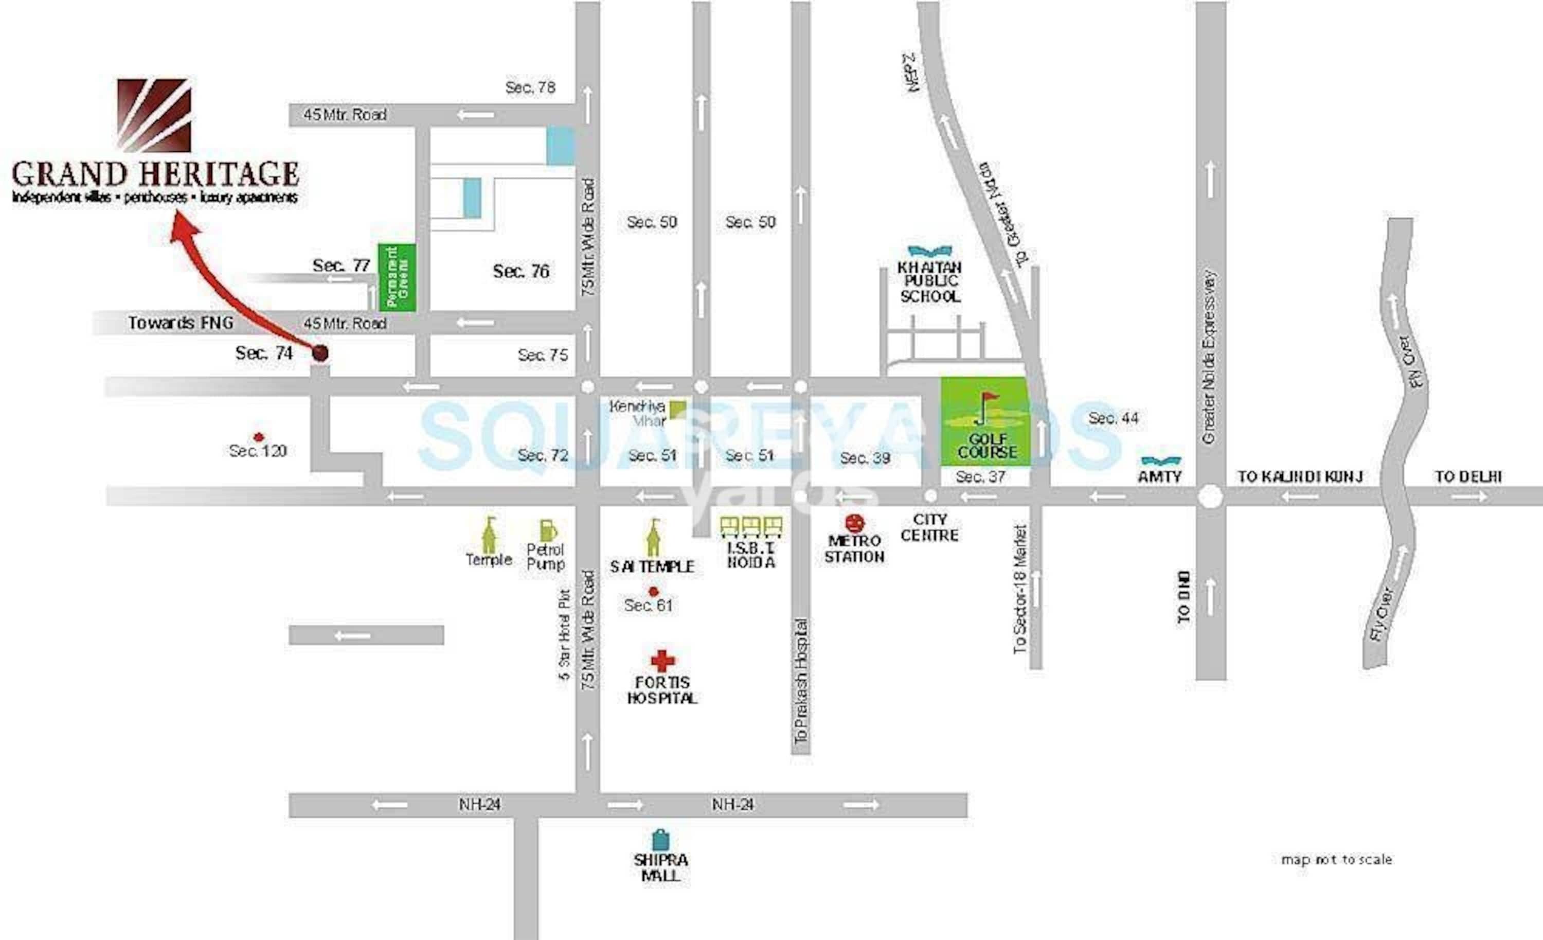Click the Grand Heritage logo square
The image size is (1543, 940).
pyautogui.click(x=154, y=115)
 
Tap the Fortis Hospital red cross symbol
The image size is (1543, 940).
pyautogui.click(x=662, y=661)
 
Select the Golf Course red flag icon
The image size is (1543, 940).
pyautogui.click(x=988, y=401)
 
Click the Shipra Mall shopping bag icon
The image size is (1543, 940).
pyautogui.click(x=660, y=840)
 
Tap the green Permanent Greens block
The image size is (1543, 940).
pyautogui.click(x=397, y=277)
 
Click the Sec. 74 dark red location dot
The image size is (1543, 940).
pyautogui.click(x=320, y=353)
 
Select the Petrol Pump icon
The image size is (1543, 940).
pyautogui.click(x=547, y=530)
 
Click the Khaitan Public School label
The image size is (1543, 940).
pyautogui.click(x=930, y=282)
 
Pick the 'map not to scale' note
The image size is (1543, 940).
pyautogui.click(x=1336, y=859)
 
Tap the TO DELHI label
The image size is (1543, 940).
pyautogui.click(x=1468, y=476)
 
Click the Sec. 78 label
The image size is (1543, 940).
pyautogui.click(x=530, y=87)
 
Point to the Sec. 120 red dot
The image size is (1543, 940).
pyautogui.click(x=258, y=437)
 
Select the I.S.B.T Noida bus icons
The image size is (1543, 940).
pyautogui.click(x=751, y=526)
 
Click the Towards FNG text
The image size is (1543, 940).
pyautogui.click(x=181, y=323)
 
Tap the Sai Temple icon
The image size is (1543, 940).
pyautogui.click(x=654, y=539)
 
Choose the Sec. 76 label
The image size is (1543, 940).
pyautogui.click(x=521, y=271)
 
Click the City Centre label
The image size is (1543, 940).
pyautogui.click(x=929, y=527)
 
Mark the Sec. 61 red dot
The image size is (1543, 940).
pyautogui.click(x=654, y=591)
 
